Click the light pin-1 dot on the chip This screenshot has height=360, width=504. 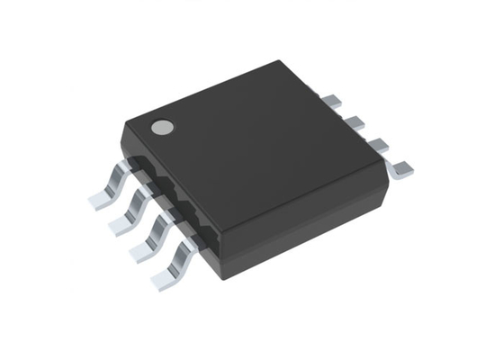click(162, 128)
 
